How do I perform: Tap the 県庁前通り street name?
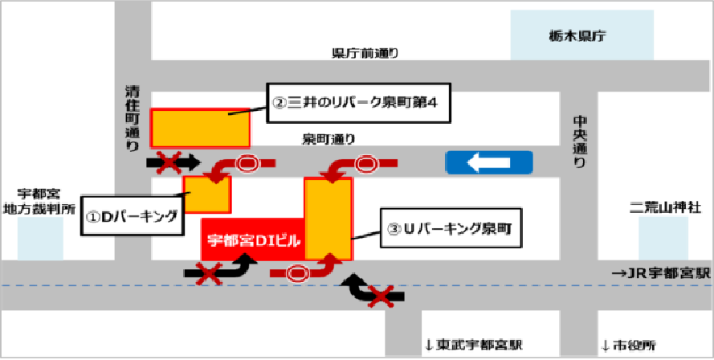click(x=365, y=53)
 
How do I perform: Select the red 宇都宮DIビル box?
click(x=251, y=239)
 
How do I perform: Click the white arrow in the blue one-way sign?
click(x=488, y=164)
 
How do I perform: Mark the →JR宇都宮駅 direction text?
click(x=662, y=273)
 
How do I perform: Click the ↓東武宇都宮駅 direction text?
click(x=474, y=345)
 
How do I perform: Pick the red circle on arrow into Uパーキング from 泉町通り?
click(x=366, y=164)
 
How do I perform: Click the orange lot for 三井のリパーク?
click(x=201, y=128)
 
